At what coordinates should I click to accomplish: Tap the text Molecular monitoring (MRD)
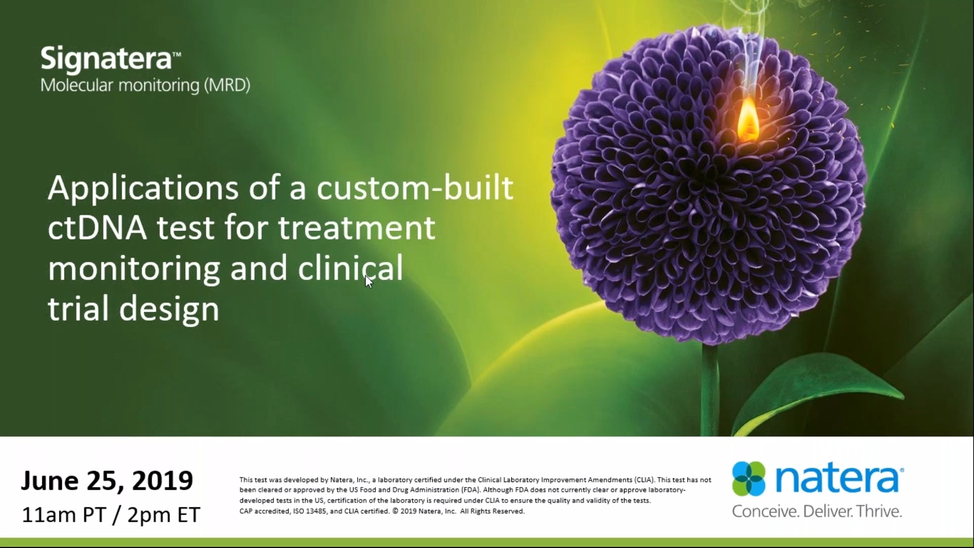(145, 85)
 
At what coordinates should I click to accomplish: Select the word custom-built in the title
(415, 188)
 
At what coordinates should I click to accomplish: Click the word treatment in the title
(357, 228)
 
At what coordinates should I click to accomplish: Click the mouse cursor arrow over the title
(369, 281)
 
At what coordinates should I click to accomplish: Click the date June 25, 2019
(107, 481)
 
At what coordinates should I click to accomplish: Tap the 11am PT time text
(64, 515)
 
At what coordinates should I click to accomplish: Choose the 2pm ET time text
(164, 515)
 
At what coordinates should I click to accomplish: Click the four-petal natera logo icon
(749, 478)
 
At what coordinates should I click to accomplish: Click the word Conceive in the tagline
(766, 511)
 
